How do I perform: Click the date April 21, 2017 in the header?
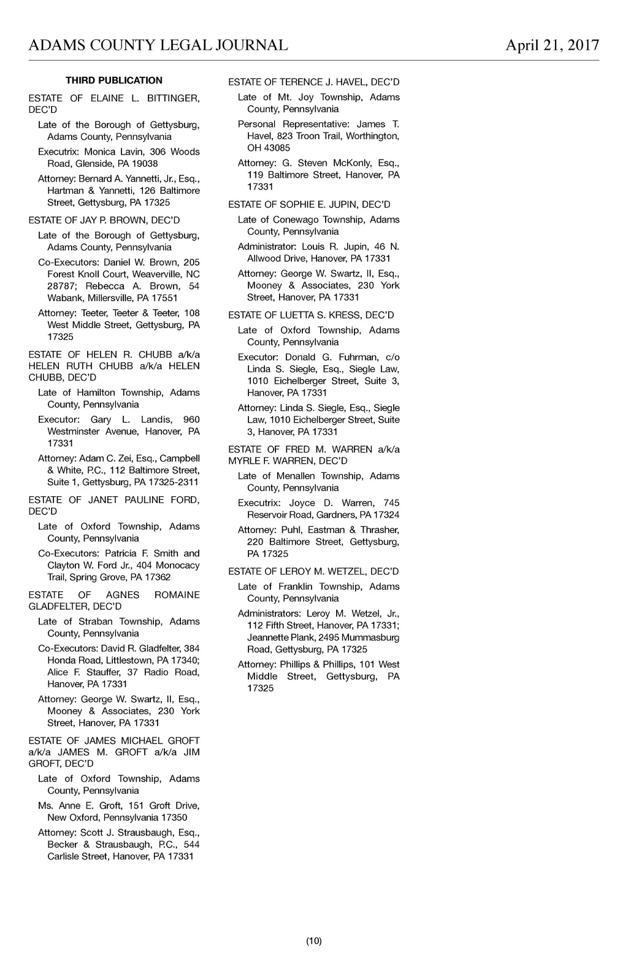point(552,45)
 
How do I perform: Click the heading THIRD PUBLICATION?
point(114,80)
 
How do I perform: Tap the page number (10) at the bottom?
point(314,941)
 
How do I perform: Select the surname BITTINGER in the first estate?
point(173,98)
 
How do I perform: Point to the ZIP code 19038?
point(145,164)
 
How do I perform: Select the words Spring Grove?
point(90,577)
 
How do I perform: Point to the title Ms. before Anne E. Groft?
point(45,805)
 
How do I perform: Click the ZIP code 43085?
point(277,148)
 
